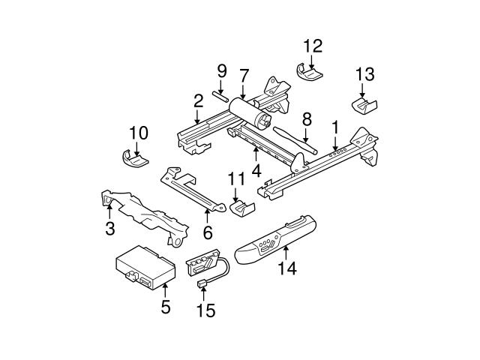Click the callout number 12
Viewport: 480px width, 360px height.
(x=312, y=45)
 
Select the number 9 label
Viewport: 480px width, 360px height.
(x=221, y=72)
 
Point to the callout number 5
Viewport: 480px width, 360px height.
(x=166, y=306)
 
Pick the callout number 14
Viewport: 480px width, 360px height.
(x=286, y=268)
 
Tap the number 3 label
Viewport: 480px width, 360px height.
(x=110, y=227)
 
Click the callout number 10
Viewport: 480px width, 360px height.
(x=139, y=133)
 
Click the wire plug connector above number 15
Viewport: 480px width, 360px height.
(x=204, y=283)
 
